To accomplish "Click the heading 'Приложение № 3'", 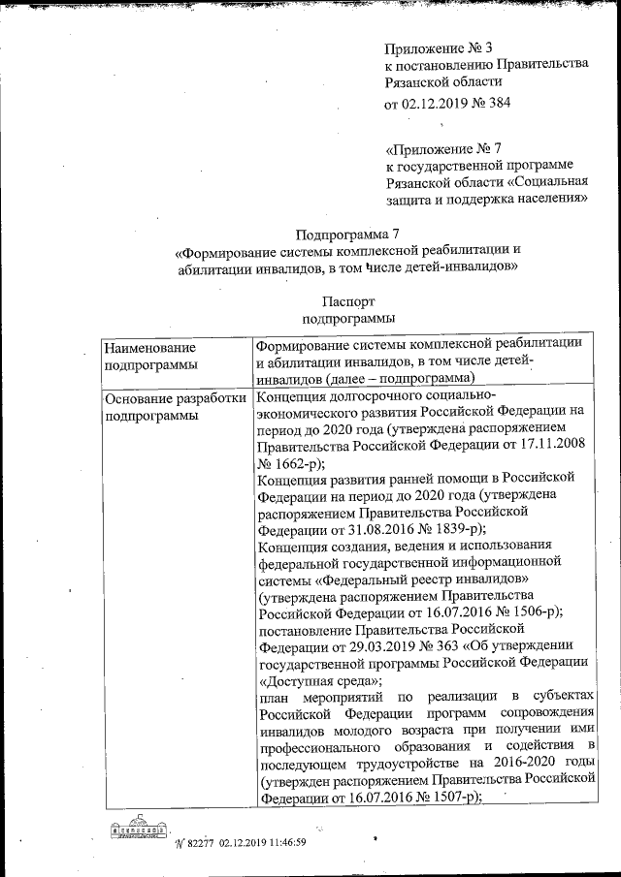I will coord(439,47).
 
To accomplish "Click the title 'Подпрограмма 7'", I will coord(347,234).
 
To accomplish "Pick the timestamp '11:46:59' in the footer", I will coord(278,842).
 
